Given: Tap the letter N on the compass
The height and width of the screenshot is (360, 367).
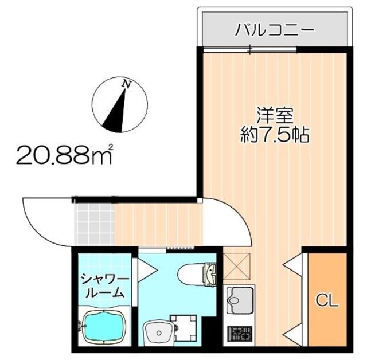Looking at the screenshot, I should (x=126, y=85).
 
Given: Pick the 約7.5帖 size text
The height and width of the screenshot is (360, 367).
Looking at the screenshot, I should (x=274, y=136).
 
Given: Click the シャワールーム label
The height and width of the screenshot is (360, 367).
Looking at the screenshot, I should (x=104, y=285).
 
